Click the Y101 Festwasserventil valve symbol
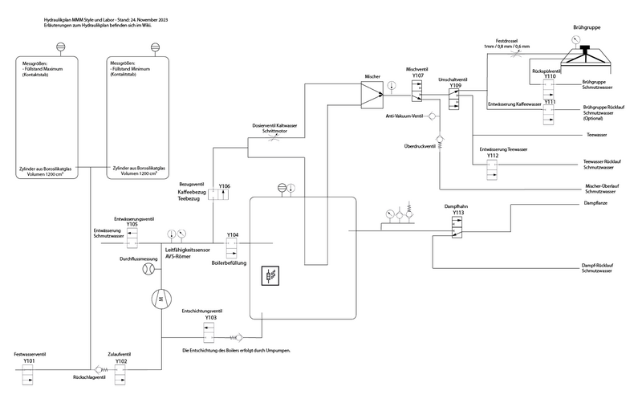click(x=28, y=375)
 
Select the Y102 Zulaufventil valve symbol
click(x=121, y=375)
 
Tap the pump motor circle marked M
click(x=160, y=299)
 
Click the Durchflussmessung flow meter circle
click(x=148, y=271)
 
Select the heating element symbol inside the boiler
click(x=270, y=278)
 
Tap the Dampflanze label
click(x=596, y=204)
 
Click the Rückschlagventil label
click(x=90, y=376)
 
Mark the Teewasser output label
click(x=598, y=135)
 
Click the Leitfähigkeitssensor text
click(x=193, y=250)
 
